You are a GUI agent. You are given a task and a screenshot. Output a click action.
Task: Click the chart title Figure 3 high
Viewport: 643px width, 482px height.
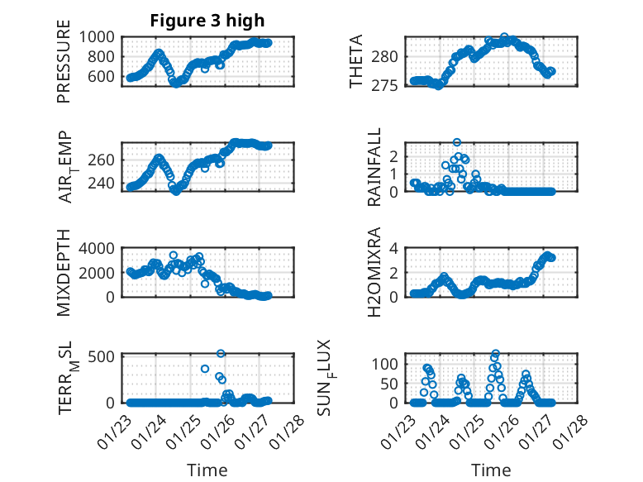tap(207, 21)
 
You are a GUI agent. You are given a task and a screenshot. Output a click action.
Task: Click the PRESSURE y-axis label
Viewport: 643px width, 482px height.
tap(64, 67)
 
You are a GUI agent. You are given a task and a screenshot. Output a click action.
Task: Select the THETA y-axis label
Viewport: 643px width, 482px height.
tap(356, 62)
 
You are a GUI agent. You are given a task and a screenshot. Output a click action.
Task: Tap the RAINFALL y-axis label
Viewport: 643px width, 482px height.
tap(374, 167)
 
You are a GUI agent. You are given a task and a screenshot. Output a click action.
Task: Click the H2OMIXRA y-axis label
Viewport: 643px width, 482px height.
tap(374, 273)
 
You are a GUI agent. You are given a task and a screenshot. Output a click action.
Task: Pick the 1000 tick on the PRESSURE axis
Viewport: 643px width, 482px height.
tap(98, 36)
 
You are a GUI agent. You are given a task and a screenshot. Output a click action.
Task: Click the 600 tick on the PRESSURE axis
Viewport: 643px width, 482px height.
tap(102, 76)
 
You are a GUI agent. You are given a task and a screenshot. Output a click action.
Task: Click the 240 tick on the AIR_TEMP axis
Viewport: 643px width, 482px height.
tap(102, 184)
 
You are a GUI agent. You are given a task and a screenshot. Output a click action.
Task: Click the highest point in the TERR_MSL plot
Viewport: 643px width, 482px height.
tap(221, 353)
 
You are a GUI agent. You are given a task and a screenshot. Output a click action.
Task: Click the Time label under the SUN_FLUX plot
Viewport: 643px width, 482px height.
tap(491, 470)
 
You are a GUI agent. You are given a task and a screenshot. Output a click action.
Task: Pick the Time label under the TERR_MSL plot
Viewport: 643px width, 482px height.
tap(207, 470)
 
